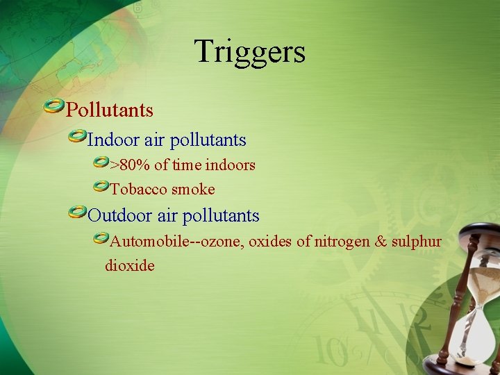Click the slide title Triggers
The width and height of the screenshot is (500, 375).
(250, 51)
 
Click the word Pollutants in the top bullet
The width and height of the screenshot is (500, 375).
(110, 110)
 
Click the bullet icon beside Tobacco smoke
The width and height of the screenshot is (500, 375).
(101, 186)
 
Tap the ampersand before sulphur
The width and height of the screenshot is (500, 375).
(381, 242)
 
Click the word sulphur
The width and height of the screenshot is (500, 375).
(417, 242)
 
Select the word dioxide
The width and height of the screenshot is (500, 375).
(130, 265)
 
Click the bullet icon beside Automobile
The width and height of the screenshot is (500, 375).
(101, 239)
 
